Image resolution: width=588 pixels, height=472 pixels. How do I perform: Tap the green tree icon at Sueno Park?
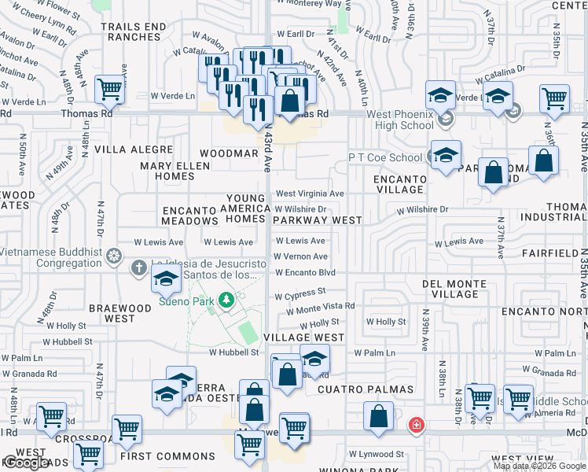click(x=226, y=299)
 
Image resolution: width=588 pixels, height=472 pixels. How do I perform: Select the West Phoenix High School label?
click(x=400, y=120)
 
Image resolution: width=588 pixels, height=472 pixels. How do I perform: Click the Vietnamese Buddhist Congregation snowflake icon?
click(x=115, y=256)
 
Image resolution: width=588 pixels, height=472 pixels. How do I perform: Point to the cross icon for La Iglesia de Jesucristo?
click(x=139, y=267)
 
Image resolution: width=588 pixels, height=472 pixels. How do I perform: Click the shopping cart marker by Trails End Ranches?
click(x=110, y=90)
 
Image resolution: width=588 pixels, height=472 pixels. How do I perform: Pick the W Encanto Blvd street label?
click(x=305, y=273)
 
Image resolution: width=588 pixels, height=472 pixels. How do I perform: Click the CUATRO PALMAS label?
click(x=366, y=389)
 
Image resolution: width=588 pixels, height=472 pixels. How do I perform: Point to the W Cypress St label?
click(x=300, y=293)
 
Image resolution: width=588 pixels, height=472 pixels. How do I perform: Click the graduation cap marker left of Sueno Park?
click(x=166, y=278)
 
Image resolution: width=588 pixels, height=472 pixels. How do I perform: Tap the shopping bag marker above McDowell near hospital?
click(x=379, y=418)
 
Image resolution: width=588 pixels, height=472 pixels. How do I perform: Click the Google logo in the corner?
click(x=28, y=463)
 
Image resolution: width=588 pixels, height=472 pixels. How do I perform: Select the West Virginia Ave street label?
click(x=309, y=194)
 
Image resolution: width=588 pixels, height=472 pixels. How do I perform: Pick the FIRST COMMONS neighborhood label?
click(x=167, y=456)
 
